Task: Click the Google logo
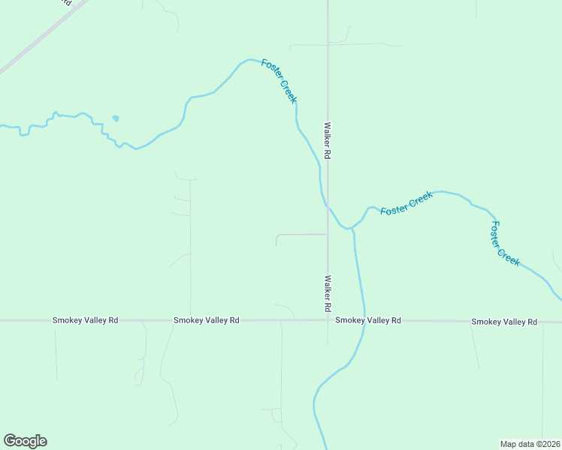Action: (25, 441)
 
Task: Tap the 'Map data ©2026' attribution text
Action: (530, 444)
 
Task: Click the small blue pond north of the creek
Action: (115, 118)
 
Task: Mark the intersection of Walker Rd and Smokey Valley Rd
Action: (328, 320)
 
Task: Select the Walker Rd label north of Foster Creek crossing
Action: (328, 141)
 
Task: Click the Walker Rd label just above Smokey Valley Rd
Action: (328, 293)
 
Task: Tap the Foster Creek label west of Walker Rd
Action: (279, 81)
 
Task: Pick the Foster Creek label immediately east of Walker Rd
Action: (406, 203)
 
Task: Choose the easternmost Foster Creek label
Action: (505, 242)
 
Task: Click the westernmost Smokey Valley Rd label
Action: (85, 320)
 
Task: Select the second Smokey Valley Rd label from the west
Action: (206, 320)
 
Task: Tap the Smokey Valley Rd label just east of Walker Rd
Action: (368, 320)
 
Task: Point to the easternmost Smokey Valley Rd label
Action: (504, 322)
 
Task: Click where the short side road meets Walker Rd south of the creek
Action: (328, 234)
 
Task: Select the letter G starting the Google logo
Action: (10, 441)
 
